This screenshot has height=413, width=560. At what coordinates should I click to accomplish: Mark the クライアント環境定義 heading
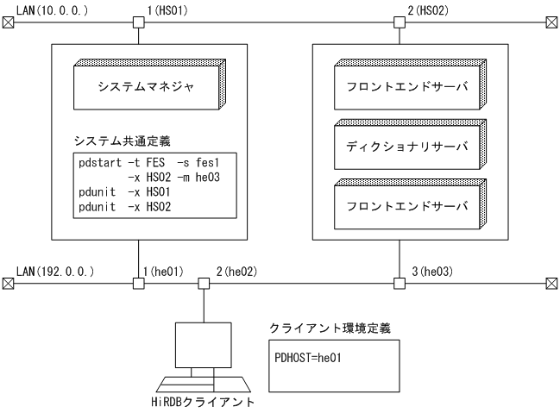(318, 329)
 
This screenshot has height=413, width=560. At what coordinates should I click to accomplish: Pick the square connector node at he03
(398, 282)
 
